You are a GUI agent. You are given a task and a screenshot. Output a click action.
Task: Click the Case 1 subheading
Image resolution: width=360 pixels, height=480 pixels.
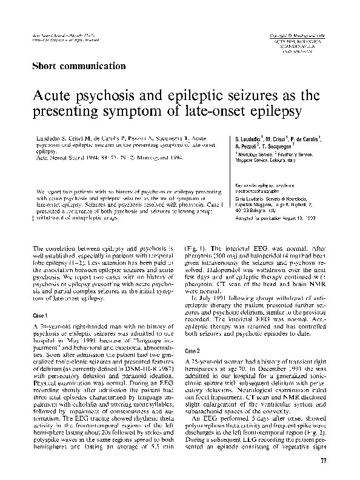tap(39, 316)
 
